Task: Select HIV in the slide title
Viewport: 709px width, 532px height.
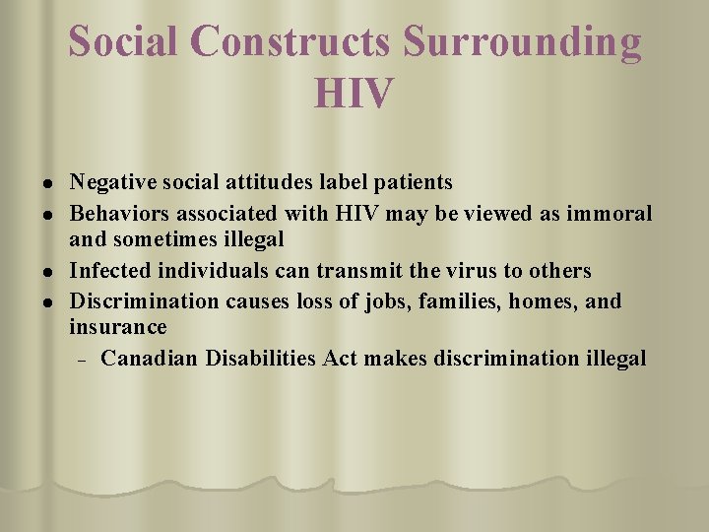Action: (x=354, y=94)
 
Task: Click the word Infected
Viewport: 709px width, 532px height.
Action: (x=108, y=270)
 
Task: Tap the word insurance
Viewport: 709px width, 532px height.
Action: (x=118, y=327)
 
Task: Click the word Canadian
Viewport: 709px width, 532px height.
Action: (x=150, y=358)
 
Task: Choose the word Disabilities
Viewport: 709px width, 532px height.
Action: (x=261, y=358)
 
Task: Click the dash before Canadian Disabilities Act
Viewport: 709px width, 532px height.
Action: (x=83, y=359)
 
